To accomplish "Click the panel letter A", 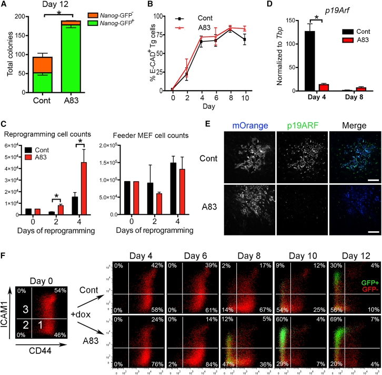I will click(x=4, y=5).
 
